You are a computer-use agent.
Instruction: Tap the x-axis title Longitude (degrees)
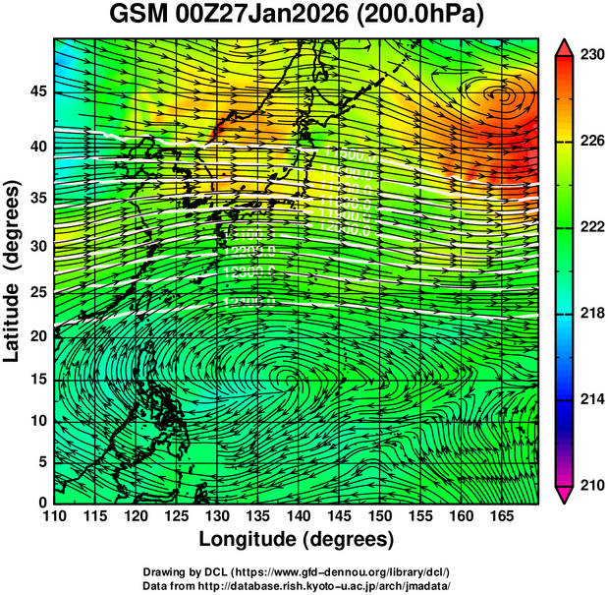tap(297, 539)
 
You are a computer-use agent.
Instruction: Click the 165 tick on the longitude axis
tap(499, 515)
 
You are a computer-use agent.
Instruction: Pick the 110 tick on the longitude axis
tap(53, 515)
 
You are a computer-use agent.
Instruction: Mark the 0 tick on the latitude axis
tap(40, 502)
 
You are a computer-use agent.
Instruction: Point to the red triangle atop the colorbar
tap(565, 47)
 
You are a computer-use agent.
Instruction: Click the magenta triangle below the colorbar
tap(565, 495)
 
